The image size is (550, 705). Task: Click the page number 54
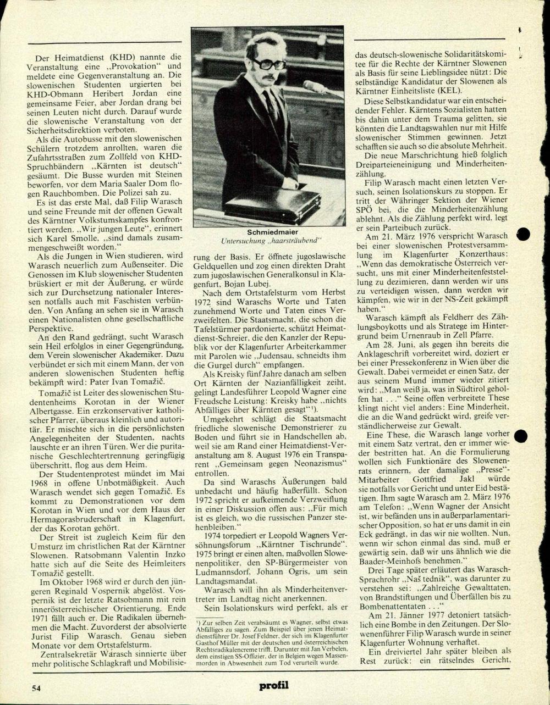point(36,687)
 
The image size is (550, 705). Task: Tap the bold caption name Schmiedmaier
point(267,232)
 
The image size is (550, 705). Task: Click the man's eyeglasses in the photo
point(268,64)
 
